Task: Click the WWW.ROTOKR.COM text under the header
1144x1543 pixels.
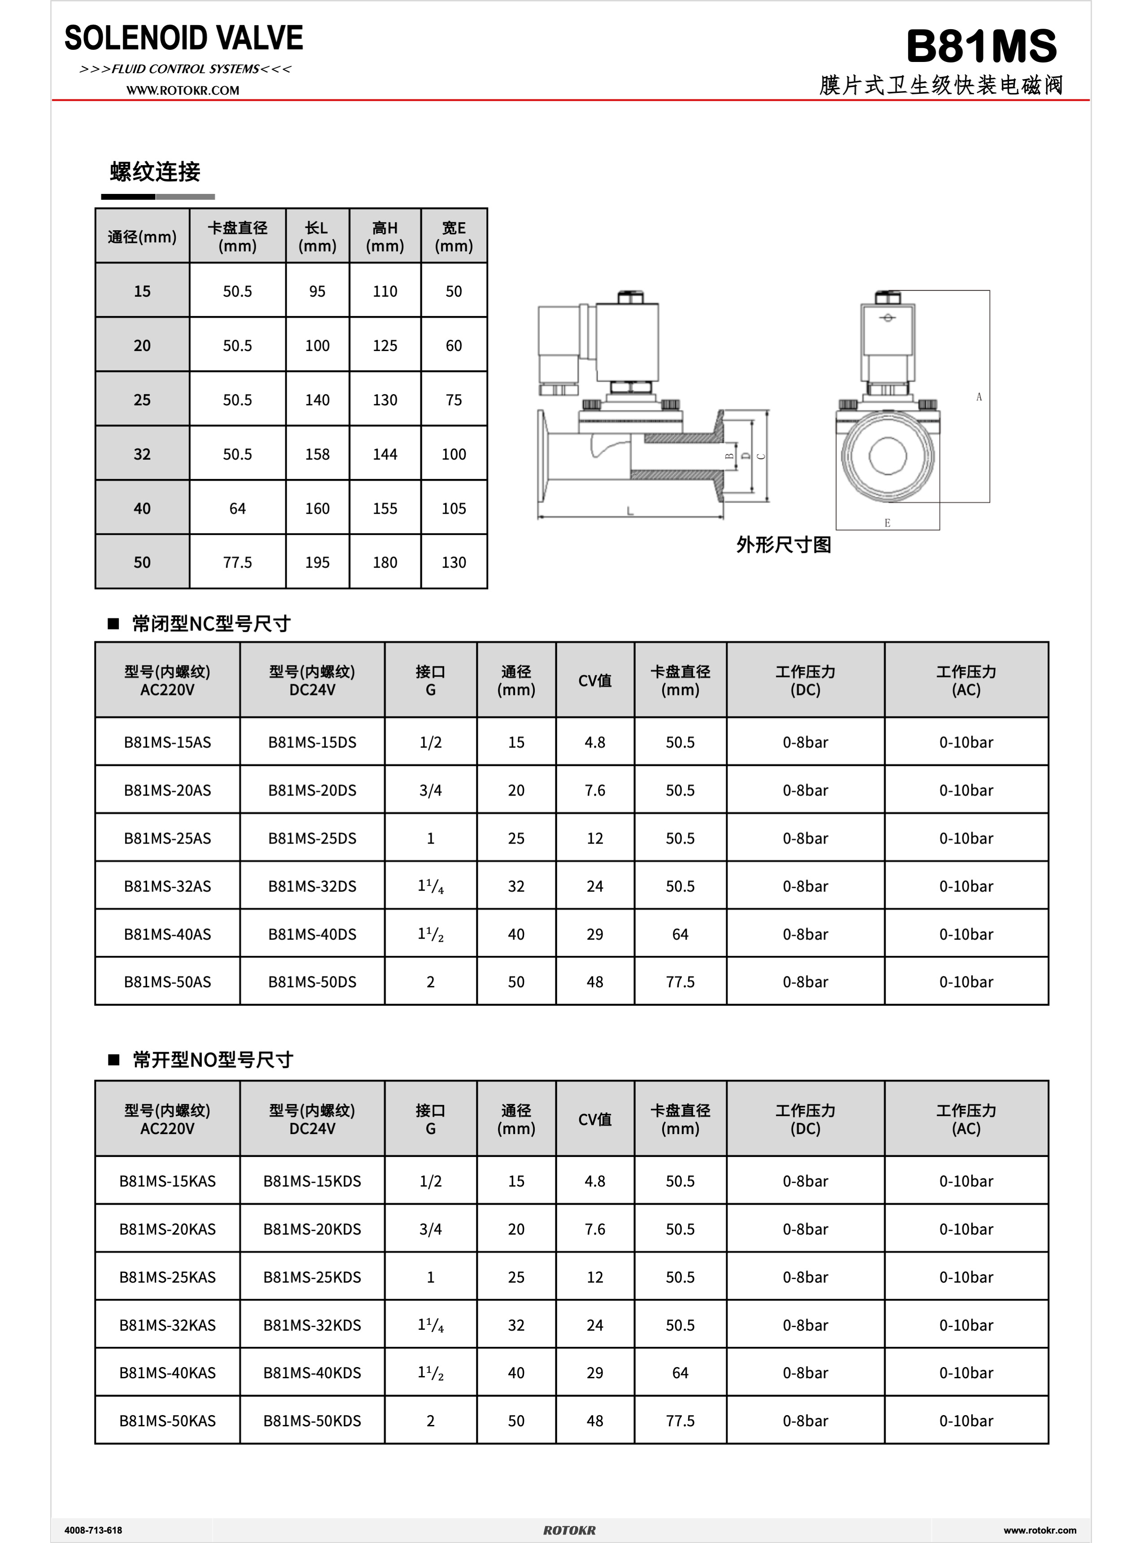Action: click(x=183, y=91)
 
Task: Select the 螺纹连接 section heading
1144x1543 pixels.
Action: click(x=155, y=172)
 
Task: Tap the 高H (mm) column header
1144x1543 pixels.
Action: click(x=385, y=236)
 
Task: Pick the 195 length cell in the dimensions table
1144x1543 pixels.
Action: click(x=317, y=563)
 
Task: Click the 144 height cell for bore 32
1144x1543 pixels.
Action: click(x=385, y=454)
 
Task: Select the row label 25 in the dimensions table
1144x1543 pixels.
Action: click(x=142, y=400)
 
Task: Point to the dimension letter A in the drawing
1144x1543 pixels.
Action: click(x=978, y=397)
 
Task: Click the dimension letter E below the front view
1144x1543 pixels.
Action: click(x=887, y=523)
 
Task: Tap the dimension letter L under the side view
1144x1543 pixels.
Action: click(x=629, y=511)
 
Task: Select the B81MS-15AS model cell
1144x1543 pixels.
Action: click(x=168, y=742)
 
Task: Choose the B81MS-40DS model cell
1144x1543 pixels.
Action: click(x=312, y=934)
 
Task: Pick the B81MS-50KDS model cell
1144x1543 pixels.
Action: click(x=312, y=1420)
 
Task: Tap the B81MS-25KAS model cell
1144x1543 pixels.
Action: click(x=168, y=1277)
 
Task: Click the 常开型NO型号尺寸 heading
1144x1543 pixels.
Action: click(x=213, y=1060)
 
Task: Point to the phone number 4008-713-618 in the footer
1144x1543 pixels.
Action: click(x=93, y=1530)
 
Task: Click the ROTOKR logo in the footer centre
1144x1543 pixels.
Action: click(x=569, y=1530)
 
